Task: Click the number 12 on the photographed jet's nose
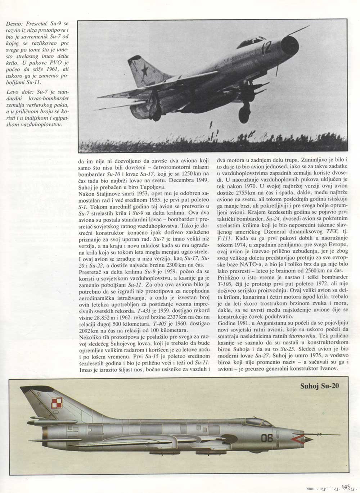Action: point(266,48)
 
